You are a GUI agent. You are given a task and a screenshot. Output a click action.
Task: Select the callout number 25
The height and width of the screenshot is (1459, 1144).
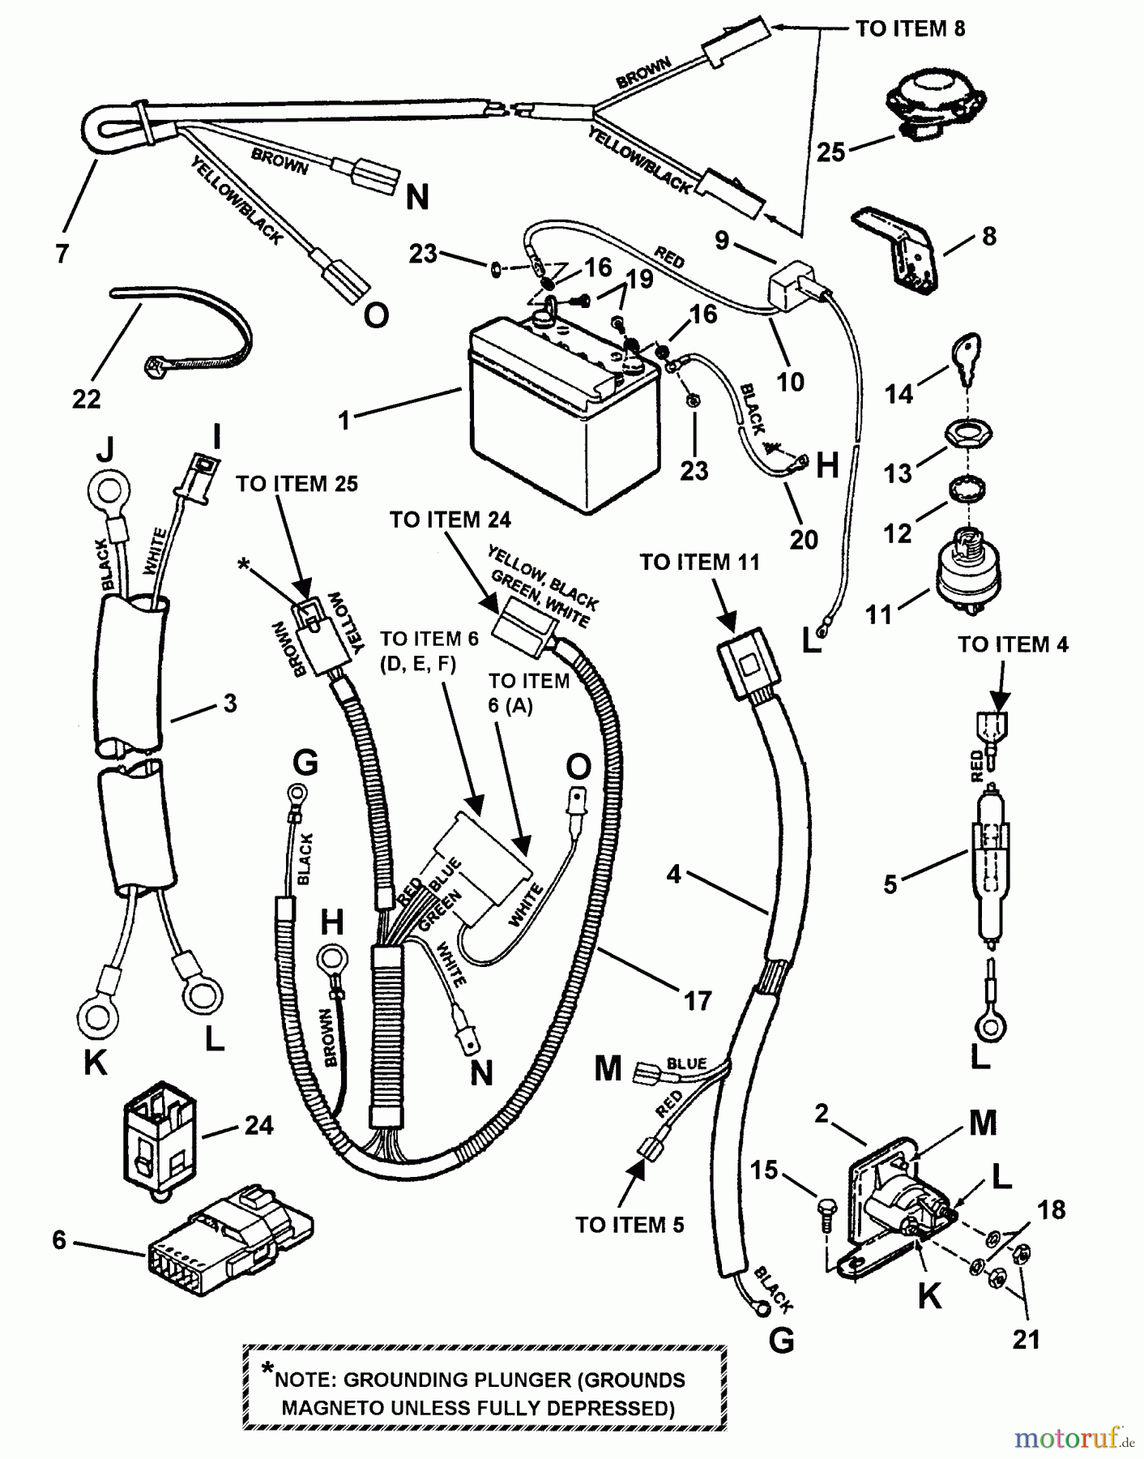click(830, 152)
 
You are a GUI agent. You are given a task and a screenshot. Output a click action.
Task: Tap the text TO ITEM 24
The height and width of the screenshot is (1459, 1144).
click(450, 520)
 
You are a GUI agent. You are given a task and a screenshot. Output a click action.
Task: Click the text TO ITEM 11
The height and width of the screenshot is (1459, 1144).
click(700, 563)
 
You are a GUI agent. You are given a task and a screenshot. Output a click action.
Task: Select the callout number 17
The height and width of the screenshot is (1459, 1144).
click(698, 1001)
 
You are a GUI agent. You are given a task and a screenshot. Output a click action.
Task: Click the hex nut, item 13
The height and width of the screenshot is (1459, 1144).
click(968, 436)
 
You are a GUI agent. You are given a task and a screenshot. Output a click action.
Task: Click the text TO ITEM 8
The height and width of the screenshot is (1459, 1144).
click(911, 29)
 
